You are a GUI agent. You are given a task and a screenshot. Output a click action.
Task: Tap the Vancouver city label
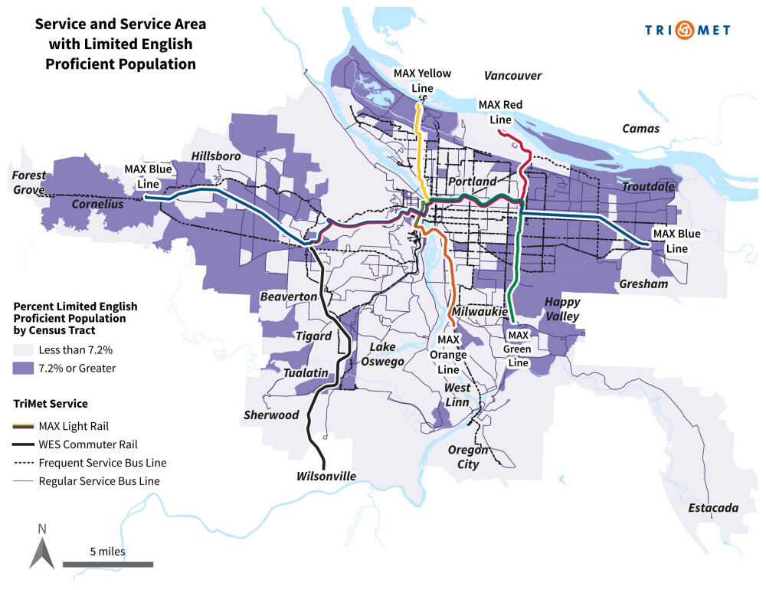pyautogui.click(x=512, y=76)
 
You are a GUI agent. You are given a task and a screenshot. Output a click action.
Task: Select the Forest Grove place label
pyautogui.click(x=28, y=182)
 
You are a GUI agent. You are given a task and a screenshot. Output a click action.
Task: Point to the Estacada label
pyautogui.click(x=712, y=508)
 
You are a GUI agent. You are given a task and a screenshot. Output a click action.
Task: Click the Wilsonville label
pyautogui.click(x=326, y=477)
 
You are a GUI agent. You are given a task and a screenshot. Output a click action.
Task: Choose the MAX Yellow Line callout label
pyautogui.click(x=422, y=80)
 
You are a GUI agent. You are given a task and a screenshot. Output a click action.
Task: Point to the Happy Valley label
pyautogui.click(x=562, y=309)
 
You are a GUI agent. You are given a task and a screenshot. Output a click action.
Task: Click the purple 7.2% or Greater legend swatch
pyautogui.click(x=24, y=369)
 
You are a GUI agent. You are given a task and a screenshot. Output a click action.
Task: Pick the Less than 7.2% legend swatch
pyautogui.click(x=24, y=350)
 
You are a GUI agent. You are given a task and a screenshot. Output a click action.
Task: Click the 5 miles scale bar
pyautogui.click(x=107, y=564)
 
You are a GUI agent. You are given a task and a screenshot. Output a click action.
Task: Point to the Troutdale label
pyautogui.click(x=647, y=187)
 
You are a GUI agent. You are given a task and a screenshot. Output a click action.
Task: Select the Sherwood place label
pyautogui.click(x=271, y=415)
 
